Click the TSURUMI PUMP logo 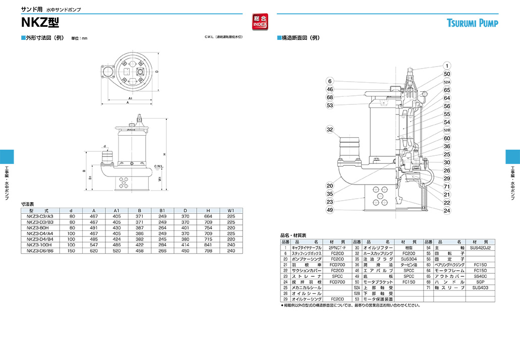(472, 23)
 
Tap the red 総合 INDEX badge (260, 21)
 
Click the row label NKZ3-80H (40, 227)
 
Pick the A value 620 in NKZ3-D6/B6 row (93, 250)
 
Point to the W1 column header (231, 210)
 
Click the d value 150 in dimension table (72, 250)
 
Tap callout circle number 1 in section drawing (447, 66)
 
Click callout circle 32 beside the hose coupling (330, 130)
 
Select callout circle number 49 (330, 210)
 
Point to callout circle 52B (447, 130)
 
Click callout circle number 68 (330, 97)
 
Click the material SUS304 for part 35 (409, 259)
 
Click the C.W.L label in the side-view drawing (158, 166)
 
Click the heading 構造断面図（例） (301, 38)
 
